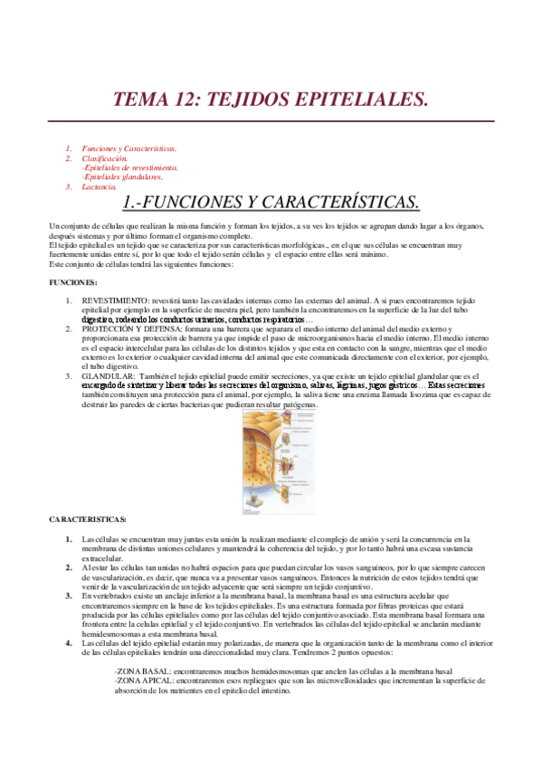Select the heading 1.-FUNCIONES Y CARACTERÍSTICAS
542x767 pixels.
click(270, 201)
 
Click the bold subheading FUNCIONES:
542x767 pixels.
click(72, 283)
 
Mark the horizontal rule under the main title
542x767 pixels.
click(270, 121)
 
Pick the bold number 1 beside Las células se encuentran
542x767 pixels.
click(69, 538)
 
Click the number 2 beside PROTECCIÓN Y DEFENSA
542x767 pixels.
click(69, 330)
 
